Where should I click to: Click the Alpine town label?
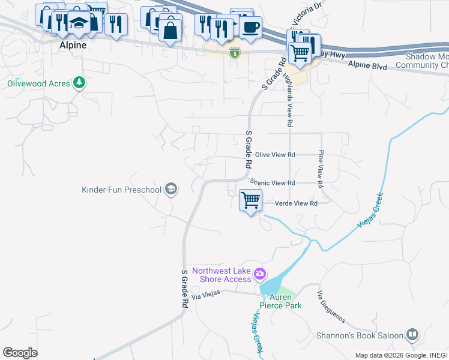[x=73, y=45]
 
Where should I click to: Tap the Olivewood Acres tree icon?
[x=79, y=83]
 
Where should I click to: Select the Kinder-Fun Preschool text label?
[x=121, y=190]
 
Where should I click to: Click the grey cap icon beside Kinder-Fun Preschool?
[x=171, y=190]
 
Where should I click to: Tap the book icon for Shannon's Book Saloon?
[x=412, y=334]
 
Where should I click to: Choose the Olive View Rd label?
[x=276, y=154]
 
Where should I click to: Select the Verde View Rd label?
[x=295, y=203]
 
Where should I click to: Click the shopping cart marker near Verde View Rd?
[x=250, y=200]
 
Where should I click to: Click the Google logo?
[x=20, y=352]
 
